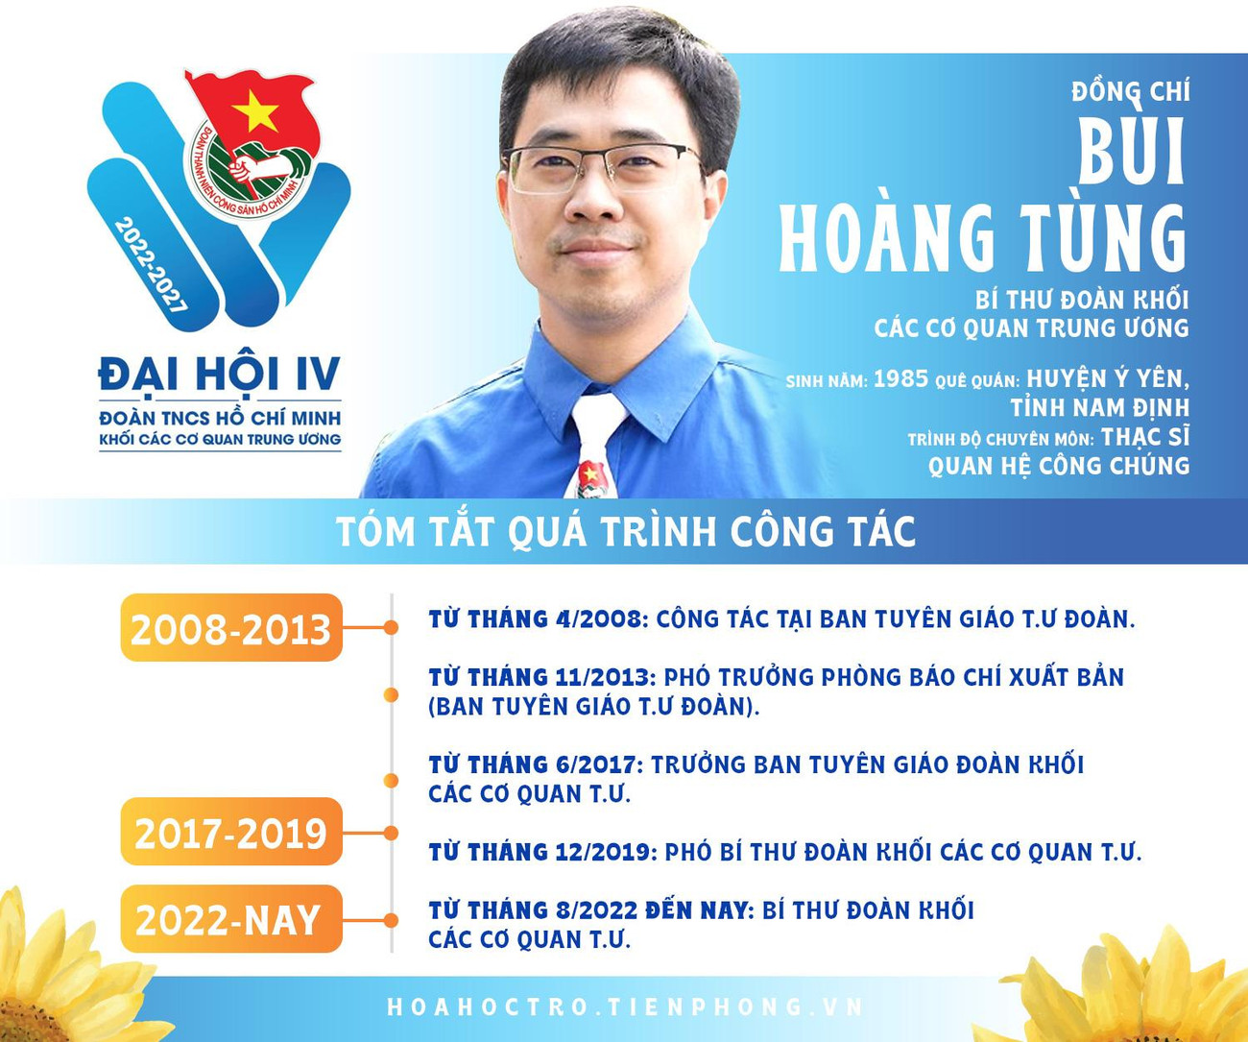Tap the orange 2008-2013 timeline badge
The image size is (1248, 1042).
click(231, 628)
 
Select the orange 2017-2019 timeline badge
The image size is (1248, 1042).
click(231, 832)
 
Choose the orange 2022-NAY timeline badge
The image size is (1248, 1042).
click(231, 919)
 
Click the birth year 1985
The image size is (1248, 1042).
click(900, 378)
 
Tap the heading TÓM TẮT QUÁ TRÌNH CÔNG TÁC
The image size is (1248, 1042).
click(626, 531)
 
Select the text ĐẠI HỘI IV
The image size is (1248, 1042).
click(220, 375)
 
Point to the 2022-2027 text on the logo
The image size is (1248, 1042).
click(151, 264)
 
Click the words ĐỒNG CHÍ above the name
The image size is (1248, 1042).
click(1131, 92)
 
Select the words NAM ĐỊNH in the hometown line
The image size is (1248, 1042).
click(1134, 407)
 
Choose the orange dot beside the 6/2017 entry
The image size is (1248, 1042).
click(391, 780)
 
